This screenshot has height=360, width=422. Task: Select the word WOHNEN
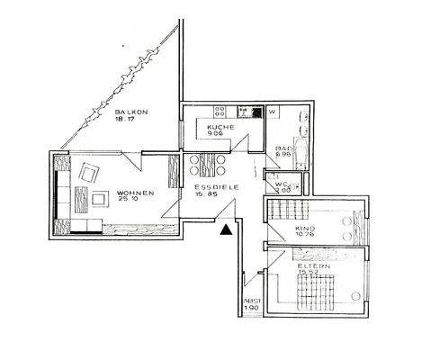[x=135, y=193]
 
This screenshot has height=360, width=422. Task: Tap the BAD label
[x=282, y=148]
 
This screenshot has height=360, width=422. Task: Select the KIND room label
[x=305, y=229]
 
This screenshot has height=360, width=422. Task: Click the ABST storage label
[x=252, y=301]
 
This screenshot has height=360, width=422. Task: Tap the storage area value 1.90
[x=252, y=309]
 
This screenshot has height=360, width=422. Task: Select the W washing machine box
[x=272, y=112]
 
